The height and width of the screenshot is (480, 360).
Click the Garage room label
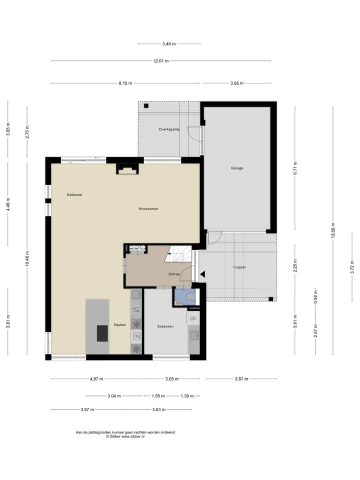[x=237, y=168]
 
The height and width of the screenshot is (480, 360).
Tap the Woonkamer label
[x=148, y=209]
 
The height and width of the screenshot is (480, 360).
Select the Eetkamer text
[x=74, y=194]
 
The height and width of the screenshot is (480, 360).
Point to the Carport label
[x=239, y=267]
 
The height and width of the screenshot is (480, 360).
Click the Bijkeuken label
[x=165, y=326]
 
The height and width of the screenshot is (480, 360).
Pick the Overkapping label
[x=169, y=129]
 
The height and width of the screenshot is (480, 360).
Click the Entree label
[x=174, y=274]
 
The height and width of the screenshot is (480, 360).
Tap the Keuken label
[x=120, y=325]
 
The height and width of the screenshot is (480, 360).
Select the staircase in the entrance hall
[x=178, y=254]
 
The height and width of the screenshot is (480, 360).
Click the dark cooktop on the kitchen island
[x=102, y=333]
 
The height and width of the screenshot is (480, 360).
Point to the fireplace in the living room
[x=127, y=168]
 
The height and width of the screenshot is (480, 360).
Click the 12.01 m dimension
[x=160, y=61]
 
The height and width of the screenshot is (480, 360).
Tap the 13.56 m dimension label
[x=333, y=230]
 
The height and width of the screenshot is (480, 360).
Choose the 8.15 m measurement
[x=125, y=83]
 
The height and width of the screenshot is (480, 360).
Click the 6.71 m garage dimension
[x=295, y=168]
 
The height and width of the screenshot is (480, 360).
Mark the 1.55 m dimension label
[x=158, y=396]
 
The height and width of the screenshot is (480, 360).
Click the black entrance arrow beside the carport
[x=202, y=274]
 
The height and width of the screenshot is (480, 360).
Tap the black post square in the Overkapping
[x=146, y=106]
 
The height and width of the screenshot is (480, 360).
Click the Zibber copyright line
[x=125, y=436]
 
